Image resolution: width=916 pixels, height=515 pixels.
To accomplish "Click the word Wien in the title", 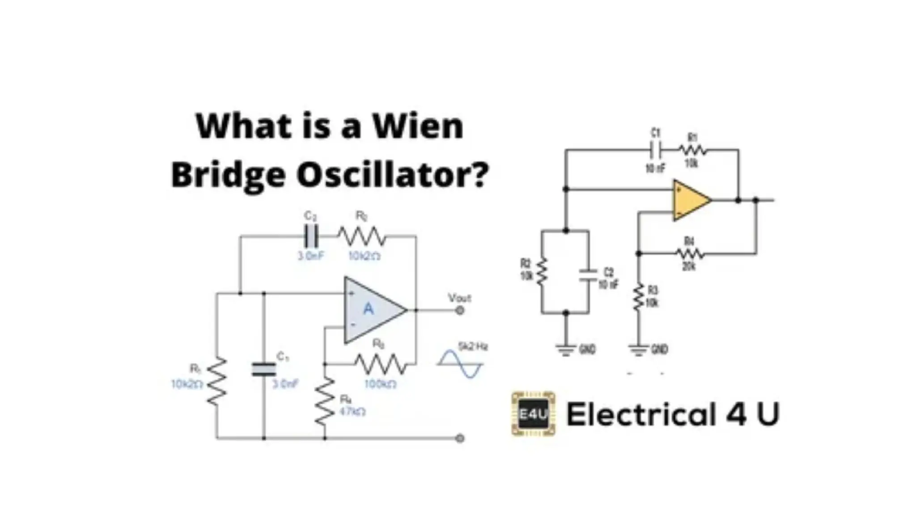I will [418, 127].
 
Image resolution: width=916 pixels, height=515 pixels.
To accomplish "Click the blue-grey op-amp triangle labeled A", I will [371, 309].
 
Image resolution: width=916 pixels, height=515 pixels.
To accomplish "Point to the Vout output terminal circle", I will [459, 310].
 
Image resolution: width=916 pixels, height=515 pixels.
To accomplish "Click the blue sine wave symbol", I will [460, 364].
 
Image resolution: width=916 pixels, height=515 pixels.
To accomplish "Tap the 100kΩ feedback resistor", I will [381, 364].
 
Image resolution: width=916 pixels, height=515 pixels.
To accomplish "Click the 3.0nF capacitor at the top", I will [310, 236].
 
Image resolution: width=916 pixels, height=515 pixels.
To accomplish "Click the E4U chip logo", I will [533, 414].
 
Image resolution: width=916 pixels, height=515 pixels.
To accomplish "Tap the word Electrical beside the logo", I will [641, 414].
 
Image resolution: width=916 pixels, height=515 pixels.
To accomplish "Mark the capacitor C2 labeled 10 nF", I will [588, 275].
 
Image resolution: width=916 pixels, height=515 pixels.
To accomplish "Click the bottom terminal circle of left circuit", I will [459, 438].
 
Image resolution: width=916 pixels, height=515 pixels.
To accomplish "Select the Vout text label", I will [459, 298].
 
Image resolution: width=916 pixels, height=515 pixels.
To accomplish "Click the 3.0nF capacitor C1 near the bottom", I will [264, 369].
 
